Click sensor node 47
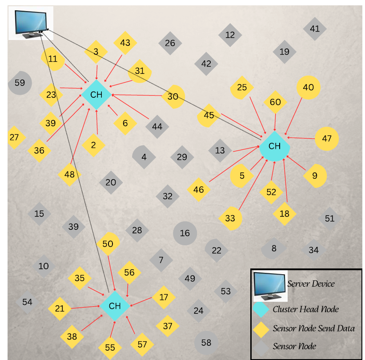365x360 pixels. click(x=327, y=139)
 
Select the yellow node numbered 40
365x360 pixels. click(x=308, y=88)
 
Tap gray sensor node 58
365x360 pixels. click(x=206, y=343)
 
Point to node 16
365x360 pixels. click(x=185, y=233)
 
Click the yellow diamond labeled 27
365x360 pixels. click(x=15, y=137)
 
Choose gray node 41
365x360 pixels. click(x=315, y=29)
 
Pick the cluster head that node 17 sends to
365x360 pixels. click(x=115, y=306)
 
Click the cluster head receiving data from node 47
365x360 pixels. click(x=275, y=146)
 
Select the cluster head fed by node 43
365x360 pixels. click(x=96, y=95)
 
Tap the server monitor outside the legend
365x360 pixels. click(x=31, y=22)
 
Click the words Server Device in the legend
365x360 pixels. click(x=311, y=284)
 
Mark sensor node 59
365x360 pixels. click(x=20, y=83)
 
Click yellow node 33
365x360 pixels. click(x=230, y=218)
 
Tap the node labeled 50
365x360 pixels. click(x=108, y=244)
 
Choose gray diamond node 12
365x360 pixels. click(x=230, y=35)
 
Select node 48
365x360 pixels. click(x=69, y=174)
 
